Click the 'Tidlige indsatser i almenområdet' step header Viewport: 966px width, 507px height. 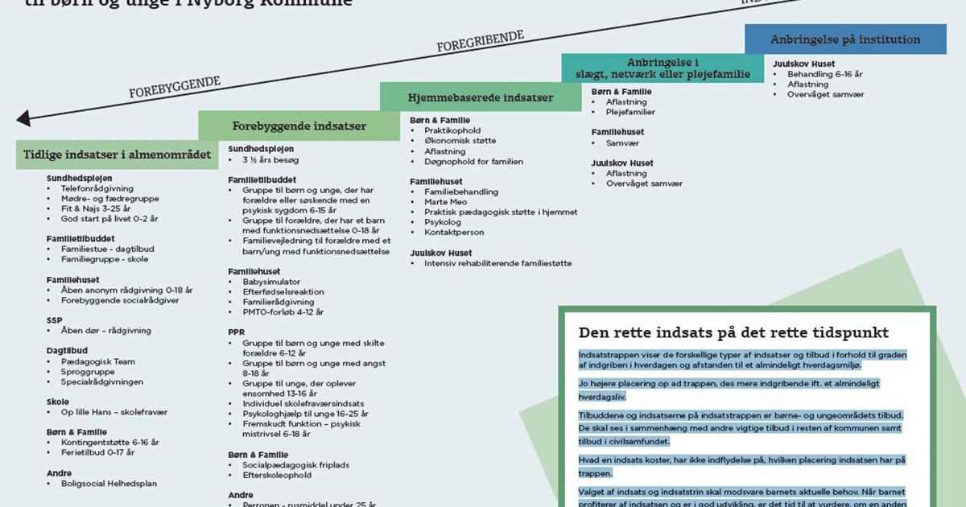click(x=117, y=155)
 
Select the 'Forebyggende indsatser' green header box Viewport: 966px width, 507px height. click(x=299, y=126)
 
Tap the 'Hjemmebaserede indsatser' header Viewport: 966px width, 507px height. click(x=481, y=97)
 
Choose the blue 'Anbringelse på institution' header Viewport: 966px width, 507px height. click(x=845, y=39)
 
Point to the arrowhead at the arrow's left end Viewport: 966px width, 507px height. click(x=23, y=119)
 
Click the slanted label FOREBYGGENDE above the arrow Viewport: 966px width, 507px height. click(x=174, y=88)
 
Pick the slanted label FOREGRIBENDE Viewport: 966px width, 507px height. click(x=480, y=41)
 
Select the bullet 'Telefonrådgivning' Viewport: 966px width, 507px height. click(x=97, y=188)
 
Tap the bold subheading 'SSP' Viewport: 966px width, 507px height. click(x=54, y=319)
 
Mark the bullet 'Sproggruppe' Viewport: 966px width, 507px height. click(x=88, y=372)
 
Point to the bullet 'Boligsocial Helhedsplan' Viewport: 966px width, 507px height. click(x=109, y=484)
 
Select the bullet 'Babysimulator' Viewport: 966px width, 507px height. click(x=271, y=282)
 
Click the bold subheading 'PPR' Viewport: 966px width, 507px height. click(x=236, y=332)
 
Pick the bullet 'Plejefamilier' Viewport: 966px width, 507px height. click(x=630, y=113)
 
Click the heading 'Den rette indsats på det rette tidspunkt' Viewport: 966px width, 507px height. click(x=733, y=332)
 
